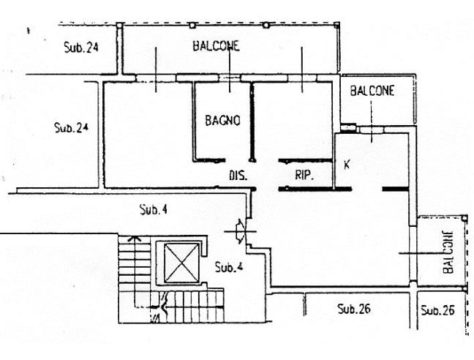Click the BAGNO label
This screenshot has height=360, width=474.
pos(223,120)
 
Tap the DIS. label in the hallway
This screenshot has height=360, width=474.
pos(238,176)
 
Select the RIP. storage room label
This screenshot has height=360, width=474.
pos(304,175)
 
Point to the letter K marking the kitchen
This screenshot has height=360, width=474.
pos(347,165)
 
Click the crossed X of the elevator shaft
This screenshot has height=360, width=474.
pos(181,263)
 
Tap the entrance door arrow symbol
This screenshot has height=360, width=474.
pos(241,231)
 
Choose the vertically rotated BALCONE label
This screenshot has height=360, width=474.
pos(448,252)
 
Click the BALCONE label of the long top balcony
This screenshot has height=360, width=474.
pos(216,46)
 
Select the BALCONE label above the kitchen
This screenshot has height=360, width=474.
pos(372,91)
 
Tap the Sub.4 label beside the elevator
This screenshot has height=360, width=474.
pos(229,267)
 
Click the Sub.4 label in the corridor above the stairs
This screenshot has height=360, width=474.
pos(154,209)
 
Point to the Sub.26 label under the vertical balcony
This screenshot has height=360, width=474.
pos(437,310)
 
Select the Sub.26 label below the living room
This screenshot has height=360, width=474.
pos(354,309)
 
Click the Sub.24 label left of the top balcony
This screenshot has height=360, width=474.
pos(81,48)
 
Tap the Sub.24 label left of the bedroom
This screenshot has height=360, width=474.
pos(72,127)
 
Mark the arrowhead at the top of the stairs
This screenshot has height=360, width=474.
pos(135,239)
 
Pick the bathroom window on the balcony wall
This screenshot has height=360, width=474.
pos(230,78)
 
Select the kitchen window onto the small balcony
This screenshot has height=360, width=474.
pos(372,130)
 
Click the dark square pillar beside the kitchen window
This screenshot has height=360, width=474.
pos(348,127)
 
